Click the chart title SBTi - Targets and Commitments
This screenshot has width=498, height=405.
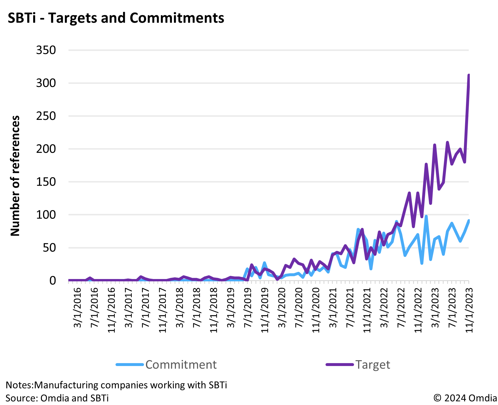[116, 18]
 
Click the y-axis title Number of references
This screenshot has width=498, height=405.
[15, 176]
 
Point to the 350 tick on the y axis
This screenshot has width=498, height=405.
[46, 50]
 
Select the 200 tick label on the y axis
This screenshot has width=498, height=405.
[46, 149]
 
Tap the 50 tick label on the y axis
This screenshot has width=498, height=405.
[49, 248]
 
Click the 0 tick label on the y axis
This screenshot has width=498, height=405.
[53, 281]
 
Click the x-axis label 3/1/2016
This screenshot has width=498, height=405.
[77, 308]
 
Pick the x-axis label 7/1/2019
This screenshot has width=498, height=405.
[248, 308]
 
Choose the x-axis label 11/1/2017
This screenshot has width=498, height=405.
[163, 310]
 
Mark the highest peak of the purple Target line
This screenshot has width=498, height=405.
[469, 75]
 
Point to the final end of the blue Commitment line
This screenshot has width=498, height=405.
[469, 221]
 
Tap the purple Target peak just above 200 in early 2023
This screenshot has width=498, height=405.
[435, 145]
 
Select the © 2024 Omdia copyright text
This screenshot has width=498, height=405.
[465, 398]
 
